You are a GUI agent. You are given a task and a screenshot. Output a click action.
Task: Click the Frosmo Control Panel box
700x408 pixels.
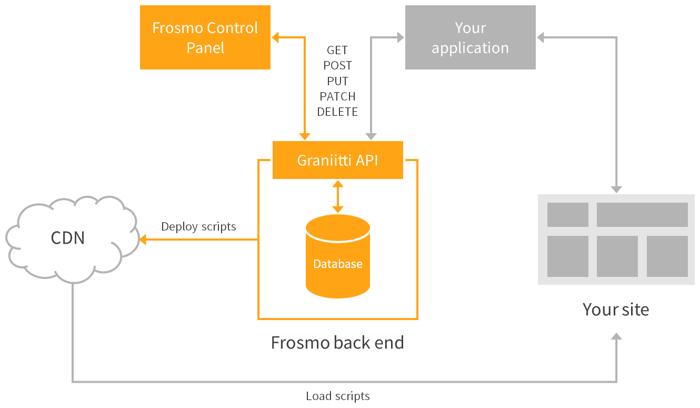pos(205,37)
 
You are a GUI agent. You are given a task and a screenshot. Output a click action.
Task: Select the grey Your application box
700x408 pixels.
pos(470,37)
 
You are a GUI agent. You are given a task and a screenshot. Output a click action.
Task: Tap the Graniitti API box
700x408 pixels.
pos(337,160)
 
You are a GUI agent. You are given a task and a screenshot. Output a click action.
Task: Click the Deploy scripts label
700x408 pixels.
pos(198,226)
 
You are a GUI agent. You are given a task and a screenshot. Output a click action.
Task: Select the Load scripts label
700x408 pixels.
pos(337,396)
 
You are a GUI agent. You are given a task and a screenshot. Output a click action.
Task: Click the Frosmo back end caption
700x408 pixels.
pos(337,343)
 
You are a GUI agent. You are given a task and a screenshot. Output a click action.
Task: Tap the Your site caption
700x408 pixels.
pos(615,309)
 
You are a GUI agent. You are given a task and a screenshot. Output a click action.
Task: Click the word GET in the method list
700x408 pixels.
pos(337,50)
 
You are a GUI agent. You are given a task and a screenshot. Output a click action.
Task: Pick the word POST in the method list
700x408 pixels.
pos(337,65)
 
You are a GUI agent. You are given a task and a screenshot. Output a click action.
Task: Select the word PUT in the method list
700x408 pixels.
pos(337,81)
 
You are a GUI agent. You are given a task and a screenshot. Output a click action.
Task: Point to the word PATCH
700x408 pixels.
pos(337,96)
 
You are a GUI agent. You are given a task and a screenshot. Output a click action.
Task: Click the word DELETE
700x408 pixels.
pos(337,112)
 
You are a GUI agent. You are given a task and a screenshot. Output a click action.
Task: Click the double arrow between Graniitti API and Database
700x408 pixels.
pos(337,196)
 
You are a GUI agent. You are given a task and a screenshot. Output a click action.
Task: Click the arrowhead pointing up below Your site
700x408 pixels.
pos(616,337)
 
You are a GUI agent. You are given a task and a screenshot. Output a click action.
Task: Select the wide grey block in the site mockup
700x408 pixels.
pos(642,215)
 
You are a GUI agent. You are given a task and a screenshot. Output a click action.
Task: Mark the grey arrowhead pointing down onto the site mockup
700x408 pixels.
pos(616,189)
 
